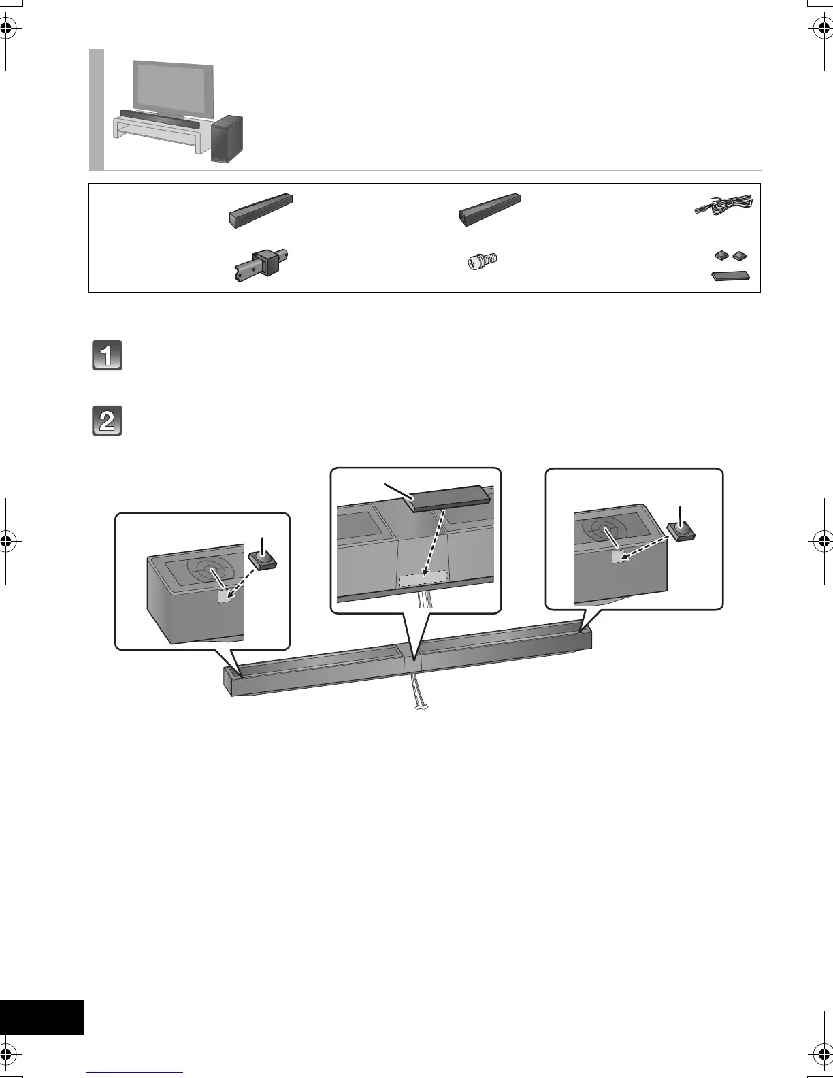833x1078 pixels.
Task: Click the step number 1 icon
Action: click(x=107, y=355)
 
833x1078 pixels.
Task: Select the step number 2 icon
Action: click(x=107, y=421)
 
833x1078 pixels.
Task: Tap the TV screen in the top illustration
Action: click(x=173, y=86)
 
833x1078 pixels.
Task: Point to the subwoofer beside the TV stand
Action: click(x=227, y=140)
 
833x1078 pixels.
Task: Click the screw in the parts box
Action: click(x=484, y=261)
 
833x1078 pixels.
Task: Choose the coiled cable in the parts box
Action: click(x=722, y=203)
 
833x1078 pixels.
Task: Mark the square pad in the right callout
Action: click(x=681, y=531)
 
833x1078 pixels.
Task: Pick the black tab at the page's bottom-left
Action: click(x=42, y=1017)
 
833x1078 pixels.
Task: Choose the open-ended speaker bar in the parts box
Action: click(x=489, y=208)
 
